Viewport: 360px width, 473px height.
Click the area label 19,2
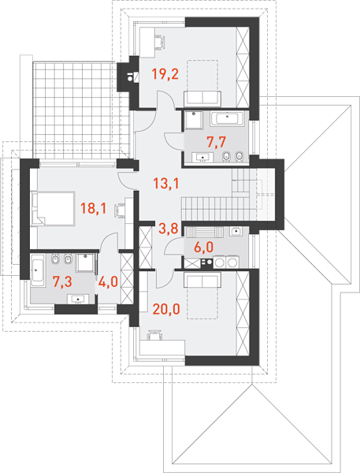click(x=165, y=74)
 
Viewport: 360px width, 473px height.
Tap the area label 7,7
click(x=217, y=142)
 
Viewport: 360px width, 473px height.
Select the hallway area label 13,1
click(x=166, y=183)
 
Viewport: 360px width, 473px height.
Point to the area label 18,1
click(x=93, y=208)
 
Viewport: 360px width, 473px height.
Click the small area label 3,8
click(x=168, y=229)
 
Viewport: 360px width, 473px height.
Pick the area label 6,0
click(x=204, y=248)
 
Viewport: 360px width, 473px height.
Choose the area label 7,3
click(x=62, y=281)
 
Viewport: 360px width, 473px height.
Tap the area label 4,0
click(x=108, y=281)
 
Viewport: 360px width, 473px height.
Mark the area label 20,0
click(x=166, y=309)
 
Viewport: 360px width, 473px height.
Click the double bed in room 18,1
click(x=53, y=208)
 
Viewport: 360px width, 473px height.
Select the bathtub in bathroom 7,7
click(x=228, y=118)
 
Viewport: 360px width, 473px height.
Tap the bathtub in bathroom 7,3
click(x=38, y=270)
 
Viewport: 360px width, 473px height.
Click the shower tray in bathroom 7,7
click(x=193, y=120)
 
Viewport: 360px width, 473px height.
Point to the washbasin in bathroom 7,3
click(x=78, y=299)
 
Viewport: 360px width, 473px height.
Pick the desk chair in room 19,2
click(x=161, y=41)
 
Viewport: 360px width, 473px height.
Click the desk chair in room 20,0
click(x=154, y=334)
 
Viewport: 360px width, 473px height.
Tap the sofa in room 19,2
click(x=202, y=99)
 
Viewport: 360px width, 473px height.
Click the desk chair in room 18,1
click(x=119, y=210)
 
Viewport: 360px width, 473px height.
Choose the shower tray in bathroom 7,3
click(x=85, y=263)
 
